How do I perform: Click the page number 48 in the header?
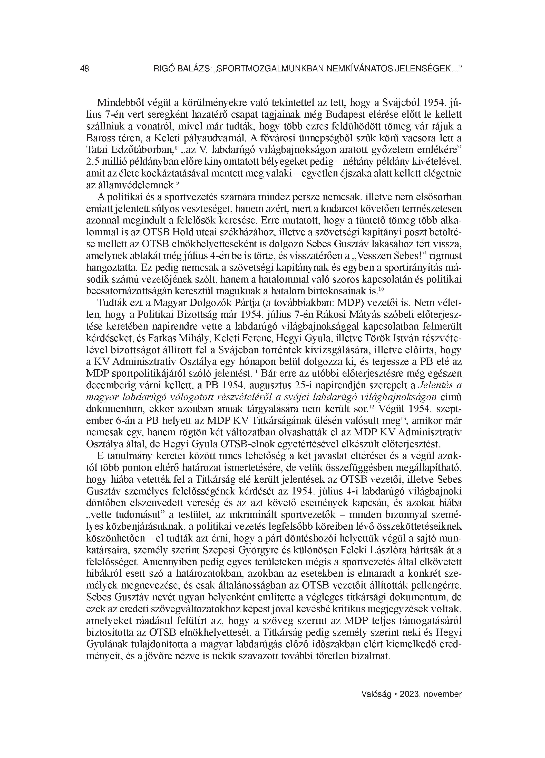pyautogui.click(x=84, y=69)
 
